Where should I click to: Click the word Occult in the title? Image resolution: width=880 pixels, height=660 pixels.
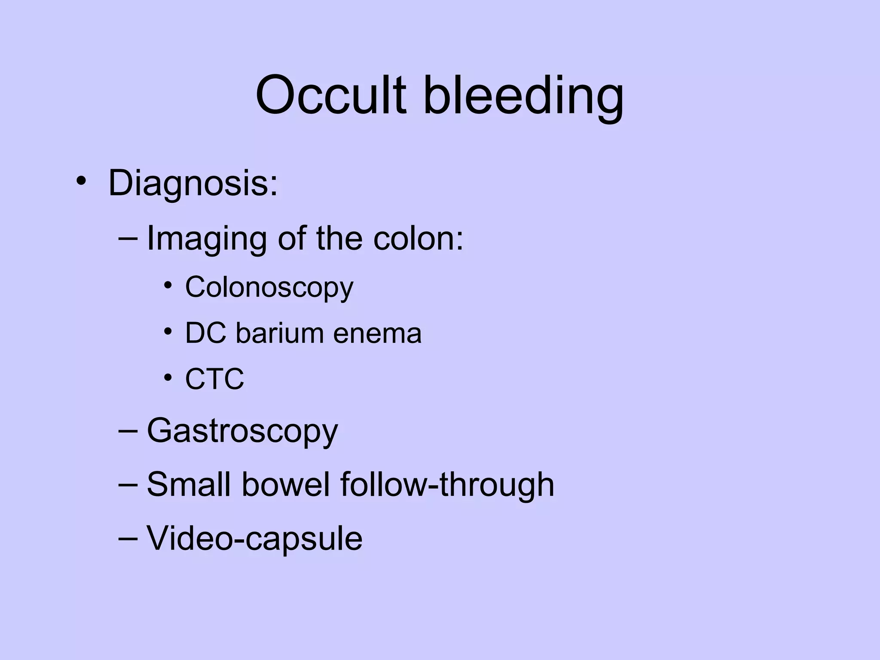(330, 95)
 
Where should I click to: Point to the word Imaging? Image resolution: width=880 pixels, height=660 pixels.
(207, 239)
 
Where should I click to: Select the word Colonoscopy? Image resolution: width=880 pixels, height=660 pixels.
(269, 287)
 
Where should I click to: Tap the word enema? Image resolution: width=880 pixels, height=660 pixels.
(377, 334)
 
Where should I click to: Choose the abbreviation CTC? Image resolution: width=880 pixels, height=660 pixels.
(214, 379)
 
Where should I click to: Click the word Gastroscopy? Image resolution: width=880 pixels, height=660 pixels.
(242, 431)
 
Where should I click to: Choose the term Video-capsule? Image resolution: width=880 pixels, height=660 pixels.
(254, 538)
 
